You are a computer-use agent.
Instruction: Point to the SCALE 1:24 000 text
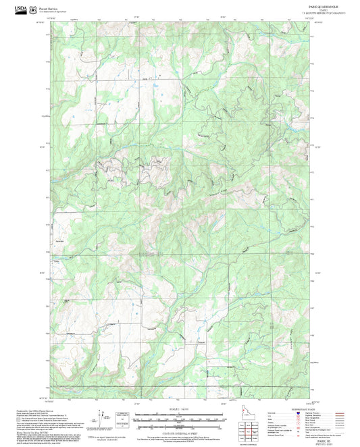pos(180,410)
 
